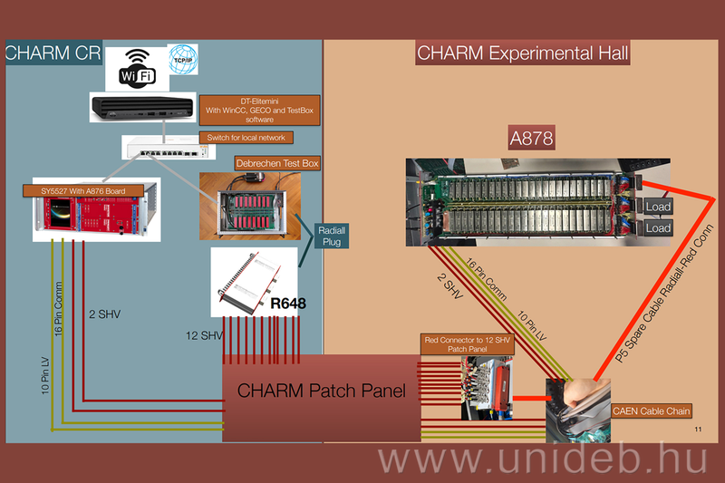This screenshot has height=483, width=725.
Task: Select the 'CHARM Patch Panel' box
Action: click(x=321, y=391)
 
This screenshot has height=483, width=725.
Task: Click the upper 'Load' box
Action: click(x=658, y=207)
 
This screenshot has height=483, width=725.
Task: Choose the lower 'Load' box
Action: click(x=658, y=228)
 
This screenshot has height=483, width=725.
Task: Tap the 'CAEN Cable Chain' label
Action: click(x=652, y=411)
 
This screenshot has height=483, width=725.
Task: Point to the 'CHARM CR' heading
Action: click(x=53, y=53)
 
